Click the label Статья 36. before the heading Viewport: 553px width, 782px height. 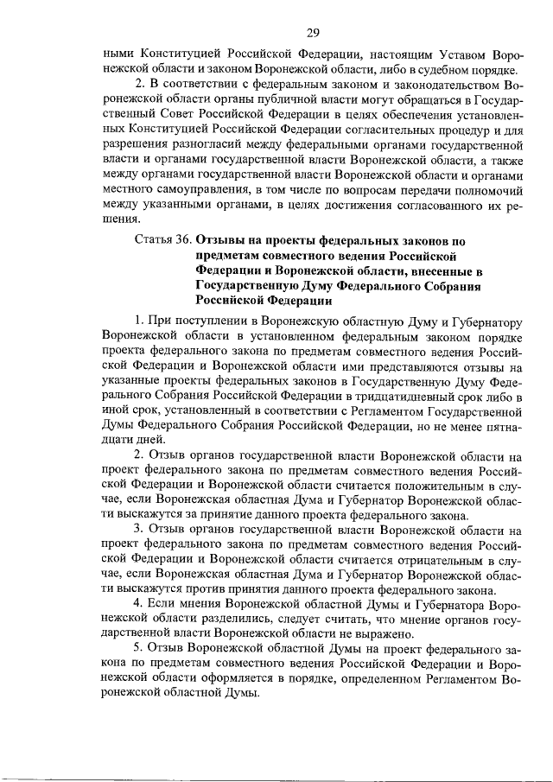163,241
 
